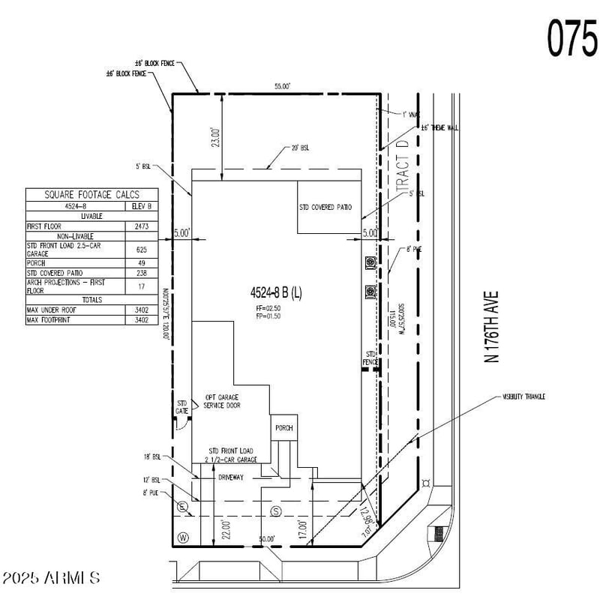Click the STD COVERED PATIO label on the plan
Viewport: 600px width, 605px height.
tap(325, 208)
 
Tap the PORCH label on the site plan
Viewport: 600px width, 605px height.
tap(283, 428)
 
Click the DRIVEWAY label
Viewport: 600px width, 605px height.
tap(231, 477)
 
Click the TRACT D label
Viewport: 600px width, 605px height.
tap(402, 166)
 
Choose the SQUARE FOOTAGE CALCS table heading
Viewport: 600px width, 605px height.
tap(92, 195)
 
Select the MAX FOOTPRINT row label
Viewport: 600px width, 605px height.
tap(53, 320)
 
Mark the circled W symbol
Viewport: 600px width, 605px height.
tap(182, 538)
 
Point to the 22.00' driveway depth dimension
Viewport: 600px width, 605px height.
tap(215, 529)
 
